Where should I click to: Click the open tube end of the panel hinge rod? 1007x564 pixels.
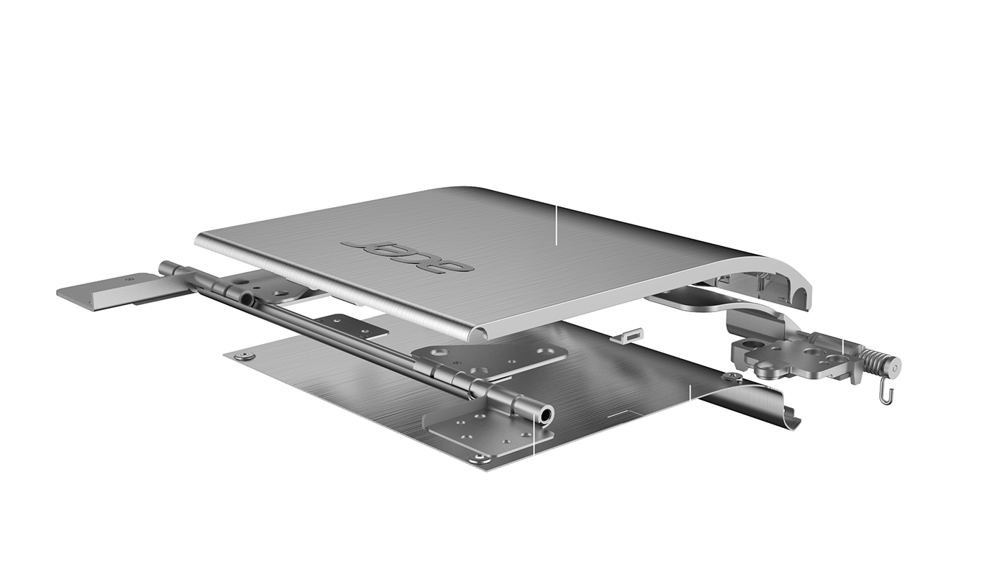click(x=547, y=414)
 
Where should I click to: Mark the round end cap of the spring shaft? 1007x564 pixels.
click(x=893, y=368)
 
